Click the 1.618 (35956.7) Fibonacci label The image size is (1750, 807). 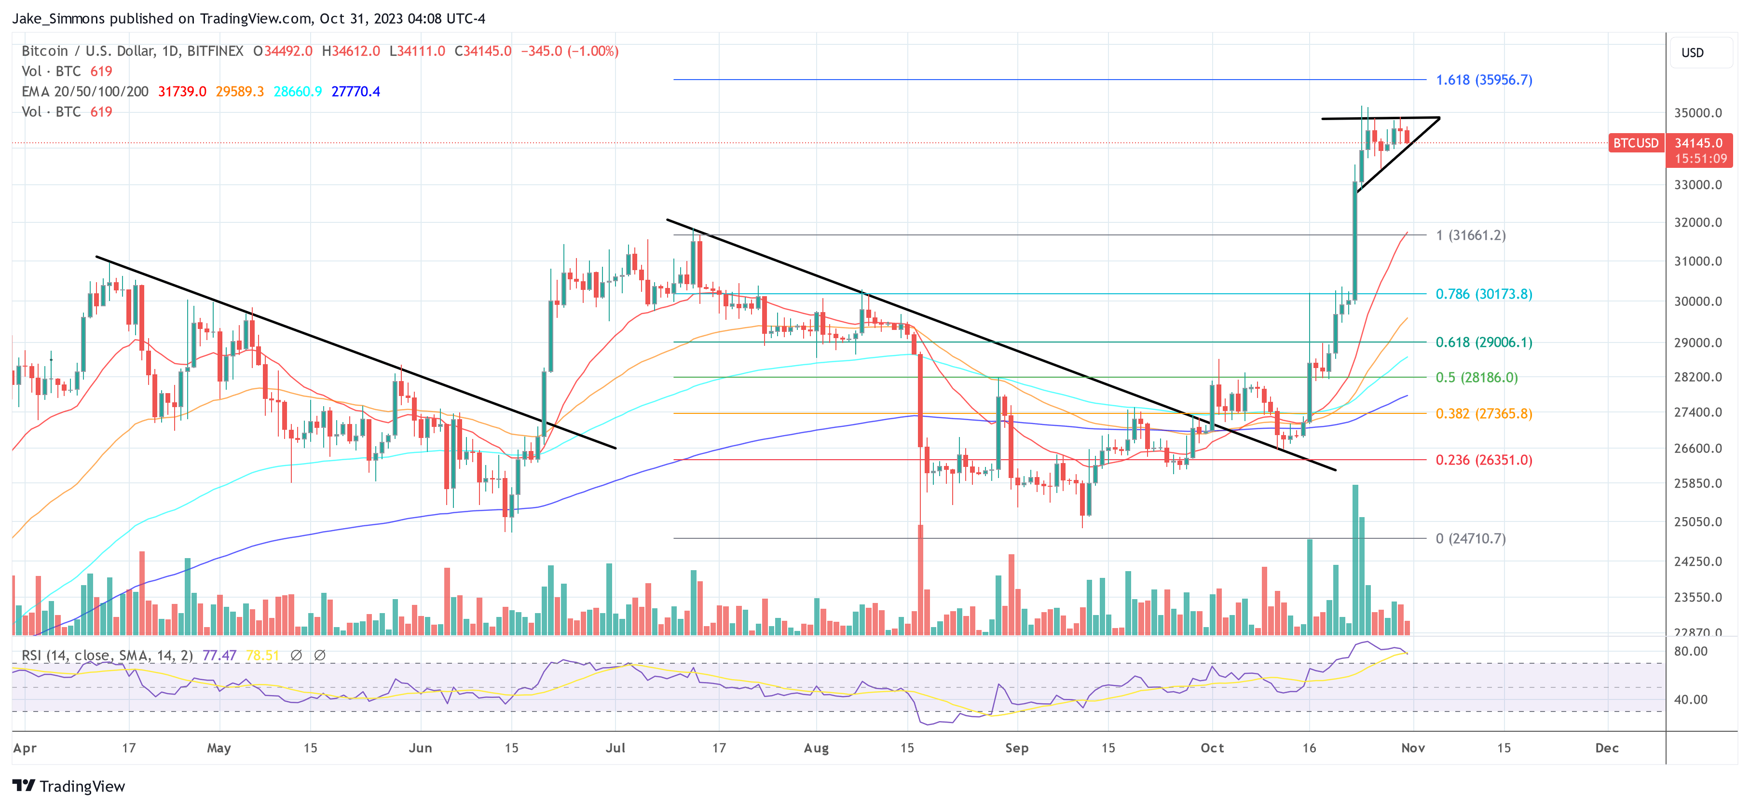tap(1483, 80)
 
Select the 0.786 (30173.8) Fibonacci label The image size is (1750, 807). tap(1483, 294)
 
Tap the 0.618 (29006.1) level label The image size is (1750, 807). tap(1483, 342)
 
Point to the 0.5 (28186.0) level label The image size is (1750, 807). tap(1476, 378)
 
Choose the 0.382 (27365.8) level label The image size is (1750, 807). tap(1483, 414)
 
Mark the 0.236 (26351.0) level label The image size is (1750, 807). tap(1483, 461)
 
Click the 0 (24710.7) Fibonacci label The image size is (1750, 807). tap(1470, 539)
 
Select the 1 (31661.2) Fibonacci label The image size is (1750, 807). tap(1470, 236)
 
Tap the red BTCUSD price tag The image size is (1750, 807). tap(1635, 143)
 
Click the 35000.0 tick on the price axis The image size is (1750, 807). tap(1697, 113)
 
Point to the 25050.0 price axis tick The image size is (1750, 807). tap(1697, 522)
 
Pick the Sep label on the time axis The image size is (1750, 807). tap(1016, 748)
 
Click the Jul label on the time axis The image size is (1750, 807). tap(615, 748)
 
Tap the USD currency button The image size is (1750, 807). tap(1692, 53)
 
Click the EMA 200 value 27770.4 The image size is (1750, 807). tap(355, 92)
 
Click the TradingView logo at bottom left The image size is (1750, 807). tap(68, 786)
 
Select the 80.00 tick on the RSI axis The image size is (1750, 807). tap(1690, 652)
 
